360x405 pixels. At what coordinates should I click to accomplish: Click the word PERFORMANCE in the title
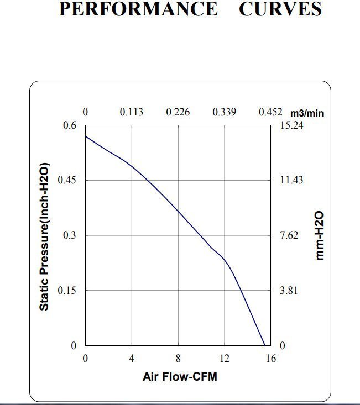(138, 9)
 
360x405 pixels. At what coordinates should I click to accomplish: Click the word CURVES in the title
(280, 9)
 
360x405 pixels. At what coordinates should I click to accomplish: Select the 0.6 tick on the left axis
(69, 125)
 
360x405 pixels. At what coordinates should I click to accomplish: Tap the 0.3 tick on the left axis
(69, 235)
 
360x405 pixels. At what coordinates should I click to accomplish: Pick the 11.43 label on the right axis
(291, 180)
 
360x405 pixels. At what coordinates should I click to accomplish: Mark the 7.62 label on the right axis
(289, 235)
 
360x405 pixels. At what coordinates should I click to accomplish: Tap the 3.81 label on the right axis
(289, 291)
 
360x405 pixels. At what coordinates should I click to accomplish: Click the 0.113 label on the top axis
(132, 112)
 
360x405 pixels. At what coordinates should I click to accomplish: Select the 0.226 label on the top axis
(178, 112)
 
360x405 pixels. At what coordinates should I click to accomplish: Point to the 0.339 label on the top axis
(225, 112)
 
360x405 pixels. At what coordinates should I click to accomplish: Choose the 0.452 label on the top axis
(270, 112)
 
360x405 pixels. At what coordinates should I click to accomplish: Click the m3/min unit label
(307, 113)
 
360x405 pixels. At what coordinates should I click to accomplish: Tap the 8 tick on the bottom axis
(178, 359)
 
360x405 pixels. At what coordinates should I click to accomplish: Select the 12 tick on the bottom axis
(225, 359)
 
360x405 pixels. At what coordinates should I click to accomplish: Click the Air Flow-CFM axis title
(180, 377)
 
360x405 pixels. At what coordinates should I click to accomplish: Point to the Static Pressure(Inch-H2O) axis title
(45, 236)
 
